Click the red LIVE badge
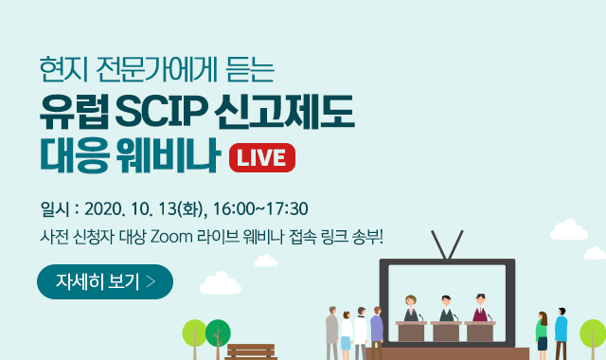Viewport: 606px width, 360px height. click(x=262, y=156)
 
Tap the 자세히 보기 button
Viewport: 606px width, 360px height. click(x=104, y=281)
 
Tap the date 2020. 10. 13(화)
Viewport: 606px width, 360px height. click(x=148, y=208)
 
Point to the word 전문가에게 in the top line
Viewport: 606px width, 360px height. click(x=146, y=69)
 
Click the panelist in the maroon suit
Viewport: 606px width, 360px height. click(x=479, y=308)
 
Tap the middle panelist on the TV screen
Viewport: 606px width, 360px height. click(x=446, y=309)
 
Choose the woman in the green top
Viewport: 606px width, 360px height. click(x=542, y=332)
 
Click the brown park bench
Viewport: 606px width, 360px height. click(x=251, y=351)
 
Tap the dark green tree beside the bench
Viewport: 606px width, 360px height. click(x=218, y=334)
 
